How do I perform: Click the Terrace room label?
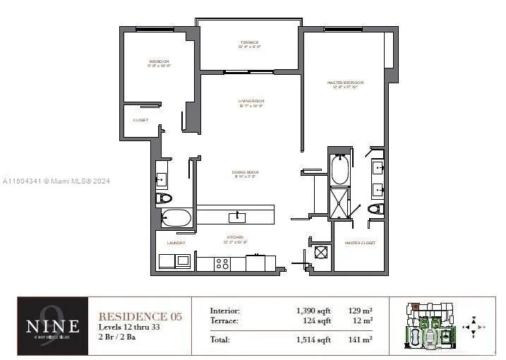tap(249, 44)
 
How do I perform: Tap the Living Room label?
tap(250, 103)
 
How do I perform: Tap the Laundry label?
tap(176, 243)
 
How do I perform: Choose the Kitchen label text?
tap(236, 239)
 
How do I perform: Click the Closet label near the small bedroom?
tap(140, 120)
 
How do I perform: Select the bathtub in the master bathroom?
tap(340, 169)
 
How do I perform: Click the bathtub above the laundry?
tap(176, 218)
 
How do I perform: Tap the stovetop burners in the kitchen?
tap(222, 264)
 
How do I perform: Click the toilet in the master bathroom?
tap(375, 208)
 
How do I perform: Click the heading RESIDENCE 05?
tap(140, 316)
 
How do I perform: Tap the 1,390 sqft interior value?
tap(314, 311)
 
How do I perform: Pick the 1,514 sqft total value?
tap(314, 340)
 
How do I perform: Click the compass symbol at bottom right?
tap(477, 327)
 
